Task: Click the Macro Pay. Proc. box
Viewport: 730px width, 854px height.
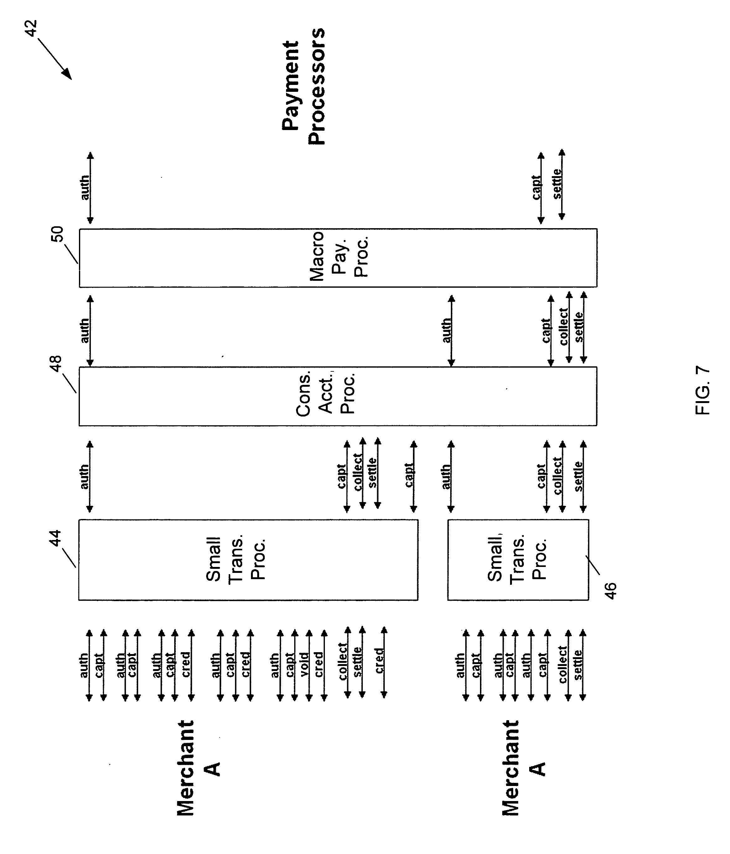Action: pos(338,258)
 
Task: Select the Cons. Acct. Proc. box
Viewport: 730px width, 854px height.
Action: pos(338,396)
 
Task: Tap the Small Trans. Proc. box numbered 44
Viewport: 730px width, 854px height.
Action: pos(248,560)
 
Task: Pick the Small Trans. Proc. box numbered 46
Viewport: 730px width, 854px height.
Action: pos(518,560)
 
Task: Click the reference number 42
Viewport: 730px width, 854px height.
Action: pos(31,28)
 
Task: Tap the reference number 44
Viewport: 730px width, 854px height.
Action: pos(55,539)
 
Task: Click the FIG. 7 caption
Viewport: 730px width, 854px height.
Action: pos(703,390)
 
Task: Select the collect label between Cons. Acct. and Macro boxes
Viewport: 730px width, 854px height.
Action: pos(564,327)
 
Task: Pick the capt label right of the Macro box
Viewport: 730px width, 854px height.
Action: pos(536,187)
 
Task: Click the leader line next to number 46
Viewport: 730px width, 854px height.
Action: pos(592,565)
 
